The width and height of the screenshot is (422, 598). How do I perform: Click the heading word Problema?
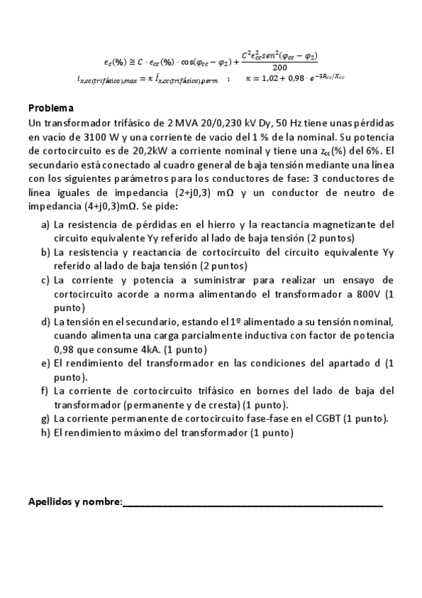coord(50,109)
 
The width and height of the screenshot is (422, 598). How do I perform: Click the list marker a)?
coord(46,225)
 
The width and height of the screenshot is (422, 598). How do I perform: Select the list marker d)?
coord(46,322)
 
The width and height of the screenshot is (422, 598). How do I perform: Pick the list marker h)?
coord(46,433)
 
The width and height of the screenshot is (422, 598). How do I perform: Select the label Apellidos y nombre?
coord(75,502)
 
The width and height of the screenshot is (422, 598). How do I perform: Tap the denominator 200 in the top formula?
coord(280,67)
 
